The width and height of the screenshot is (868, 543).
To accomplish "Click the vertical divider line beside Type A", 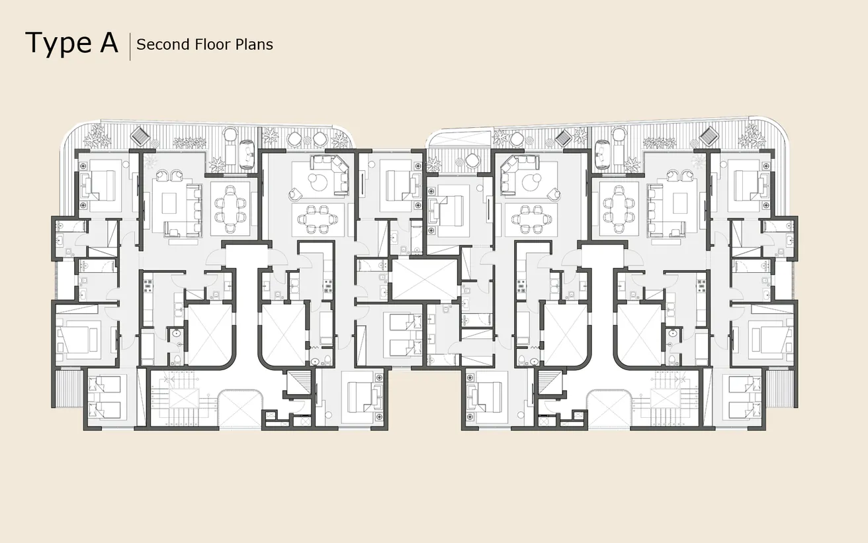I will point(130,46).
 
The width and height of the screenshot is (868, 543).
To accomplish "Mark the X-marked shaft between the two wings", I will point(425,279).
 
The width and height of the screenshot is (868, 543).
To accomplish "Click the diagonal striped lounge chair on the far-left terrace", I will point(140,136).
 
